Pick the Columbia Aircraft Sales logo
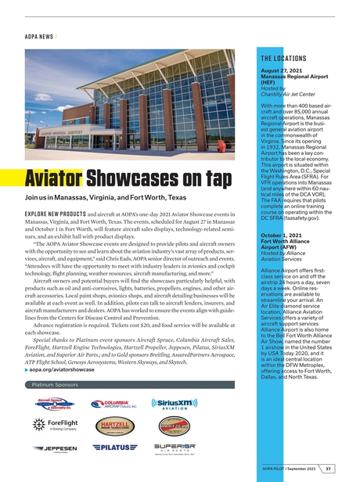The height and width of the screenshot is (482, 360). (x=112, y=405)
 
